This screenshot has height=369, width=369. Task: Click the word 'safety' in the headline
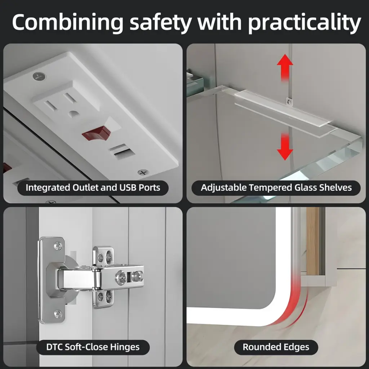(160, 23)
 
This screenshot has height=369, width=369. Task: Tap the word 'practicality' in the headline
(304, 23)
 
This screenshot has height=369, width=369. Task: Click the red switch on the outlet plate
(97, 133)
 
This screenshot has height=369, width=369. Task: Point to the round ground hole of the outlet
(73, 114)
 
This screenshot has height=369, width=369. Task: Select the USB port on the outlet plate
(122, 151)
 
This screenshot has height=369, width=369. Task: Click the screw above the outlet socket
(39, 76)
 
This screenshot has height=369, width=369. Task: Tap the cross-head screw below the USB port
(143, 172)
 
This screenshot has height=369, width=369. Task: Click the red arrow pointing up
(285, 68)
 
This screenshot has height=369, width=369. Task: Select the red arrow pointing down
(285, 146)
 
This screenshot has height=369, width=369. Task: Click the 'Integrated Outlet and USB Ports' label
(93, 188)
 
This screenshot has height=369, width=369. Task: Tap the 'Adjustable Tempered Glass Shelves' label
(276, 188)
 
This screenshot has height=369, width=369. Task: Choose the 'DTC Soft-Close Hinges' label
(93, 347)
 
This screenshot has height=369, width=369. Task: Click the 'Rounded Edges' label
(276, 347)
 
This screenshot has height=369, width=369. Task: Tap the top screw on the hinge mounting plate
(58, 246)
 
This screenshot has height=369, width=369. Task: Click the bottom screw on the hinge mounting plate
(58, 314)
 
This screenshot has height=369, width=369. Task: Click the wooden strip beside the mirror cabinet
(313, 241)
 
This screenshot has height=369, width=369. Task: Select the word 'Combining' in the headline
(68, 23)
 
